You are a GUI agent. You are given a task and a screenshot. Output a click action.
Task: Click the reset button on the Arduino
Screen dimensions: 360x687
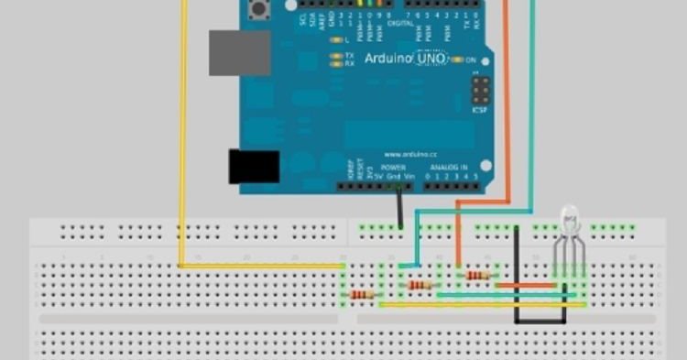(260, 10)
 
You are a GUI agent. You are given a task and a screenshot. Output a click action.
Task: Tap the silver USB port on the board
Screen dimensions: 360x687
(239, 52)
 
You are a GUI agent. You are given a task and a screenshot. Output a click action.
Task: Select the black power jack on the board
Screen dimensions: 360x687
(253, 165)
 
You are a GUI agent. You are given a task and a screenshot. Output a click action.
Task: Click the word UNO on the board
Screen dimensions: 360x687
(430, 58)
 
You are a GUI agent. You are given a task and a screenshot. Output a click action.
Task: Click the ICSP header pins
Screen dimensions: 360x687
(480, 90)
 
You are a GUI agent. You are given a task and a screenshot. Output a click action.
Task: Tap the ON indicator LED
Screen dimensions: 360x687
(458, 60)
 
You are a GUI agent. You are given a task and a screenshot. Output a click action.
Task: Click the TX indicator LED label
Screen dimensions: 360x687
(349, 56)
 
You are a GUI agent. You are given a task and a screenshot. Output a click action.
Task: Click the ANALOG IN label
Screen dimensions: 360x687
(451, 168)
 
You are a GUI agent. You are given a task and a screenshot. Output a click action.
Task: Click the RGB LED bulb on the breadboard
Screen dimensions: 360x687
(569, 220)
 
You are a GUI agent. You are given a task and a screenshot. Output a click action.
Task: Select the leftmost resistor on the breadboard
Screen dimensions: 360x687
(363, 295)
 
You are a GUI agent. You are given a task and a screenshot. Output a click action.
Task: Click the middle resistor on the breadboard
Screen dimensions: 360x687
(420, 285)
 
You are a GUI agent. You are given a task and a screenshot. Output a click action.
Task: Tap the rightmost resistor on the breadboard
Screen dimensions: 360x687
(477, 275)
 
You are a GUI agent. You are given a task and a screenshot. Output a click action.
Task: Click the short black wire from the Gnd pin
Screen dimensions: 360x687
(399, 209)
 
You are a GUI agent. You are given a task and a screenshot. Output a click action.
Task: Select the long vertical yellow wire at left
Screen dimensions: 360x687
(183, 137)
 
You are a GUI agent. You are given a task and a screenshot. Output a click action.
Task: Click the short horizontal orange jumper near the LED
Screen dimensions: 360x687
(526, 285)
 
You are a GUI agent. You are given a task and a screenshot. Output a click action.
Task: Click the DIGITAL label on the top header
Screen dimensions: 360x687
(400, 24)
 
